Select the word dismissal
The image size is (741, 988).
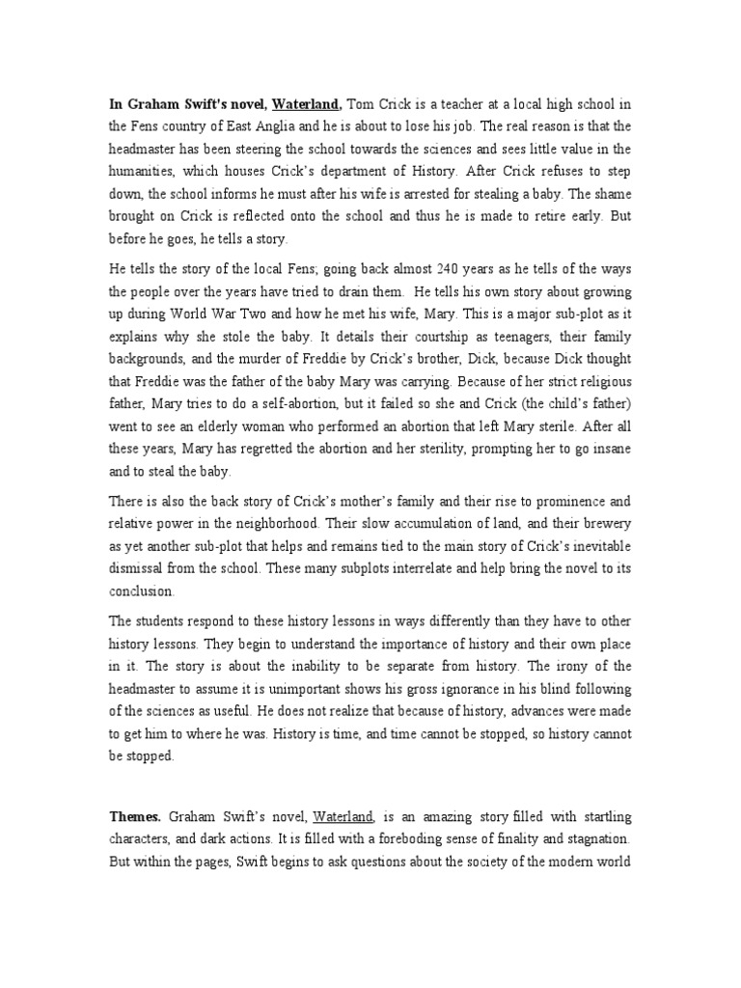click(140, 570)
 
